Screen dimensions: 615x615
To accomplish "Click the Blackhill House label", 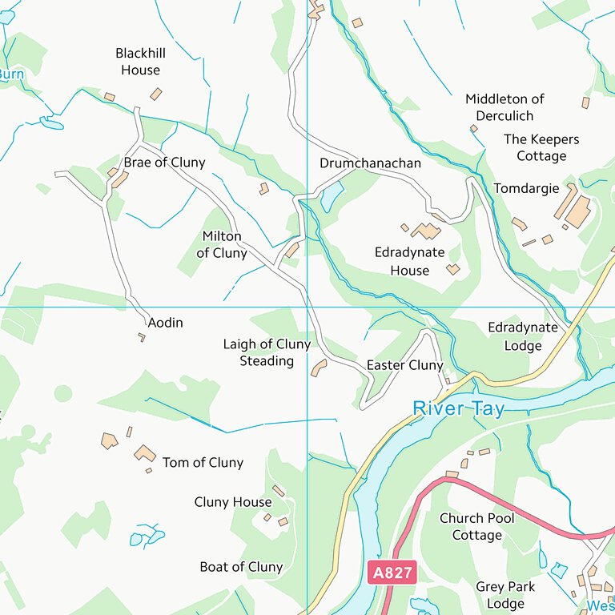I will [x=141, y=62].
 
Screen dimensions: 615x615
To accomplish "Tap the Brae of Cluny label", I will [x=164, y=163].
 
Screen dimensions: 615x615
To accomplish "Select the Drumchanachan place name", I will [x=370, y=163].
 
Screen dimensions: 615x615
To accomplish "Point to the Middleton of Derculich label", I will [x=504, y=107].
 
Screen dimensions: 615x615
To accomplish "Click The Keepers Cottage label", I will [x=541, y=147].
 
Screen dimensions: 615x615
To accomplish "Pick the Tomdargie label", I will [x=526, y=189].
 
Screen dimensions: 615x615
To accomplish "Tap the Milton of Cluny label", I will [x=222, y=245].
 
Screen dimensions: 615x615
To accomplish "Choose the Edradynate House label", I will [x=410, y=261].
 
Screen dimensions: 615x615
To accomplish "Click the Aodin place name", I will [x=166, y=323].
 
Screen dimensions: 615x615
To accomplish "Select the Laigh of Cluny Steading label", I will [x=267, y=352].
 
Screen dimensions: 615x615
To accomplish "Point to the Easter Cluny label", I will [x=404, y=365].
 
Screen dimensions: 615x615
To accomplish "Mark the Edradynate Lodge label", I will [x=523, y=336].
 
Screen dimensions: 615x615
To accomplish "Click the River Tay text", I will [x=458, y=409].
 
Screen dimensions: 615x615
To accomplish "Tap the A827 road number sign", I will [x=392, y=572].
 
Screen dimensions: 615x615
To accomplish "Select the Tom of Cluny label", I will [x=203, y=463].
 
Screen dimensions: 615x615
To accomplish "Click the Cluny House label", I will [x=233, y=502].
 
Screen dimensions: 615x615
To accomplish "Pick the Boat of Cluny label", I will [x=241, y=567].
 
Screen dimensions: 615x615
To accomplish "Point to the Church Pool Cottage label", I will [x=477, y=526].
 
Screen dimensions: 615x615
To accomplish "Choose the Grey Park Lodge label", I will [x=505, y=595].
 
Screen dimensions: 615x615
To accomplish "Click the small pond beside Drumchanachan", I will [x=332, y=195].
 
